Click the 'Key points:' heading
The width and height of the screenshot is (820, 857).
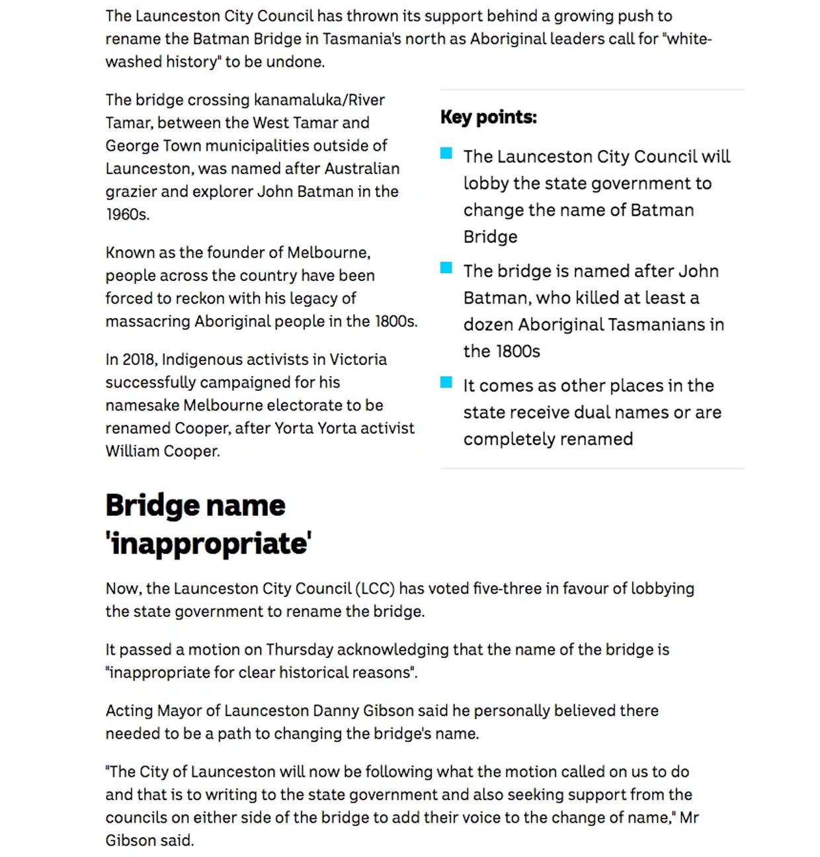[488, 117]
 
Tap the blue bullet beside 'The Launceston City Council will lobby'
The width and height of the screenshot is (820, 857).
[446, 154]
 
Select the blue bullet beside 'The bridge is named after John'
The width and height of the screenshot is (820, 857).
[446, 268]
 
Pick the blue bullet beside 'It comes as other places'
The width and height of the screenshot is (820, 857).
[446, 383]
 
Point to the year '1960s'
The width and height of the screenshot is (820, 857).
[127, 214]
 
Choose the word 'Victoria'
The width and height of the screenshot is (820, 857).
[358, 360]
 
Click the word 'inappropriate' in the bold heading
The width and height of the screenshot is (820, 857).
[208, 544]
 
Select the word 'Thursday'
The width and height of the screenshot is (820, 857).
[300, 650]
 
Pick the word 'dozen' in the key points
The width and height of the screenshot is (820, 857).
[488, 325]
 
